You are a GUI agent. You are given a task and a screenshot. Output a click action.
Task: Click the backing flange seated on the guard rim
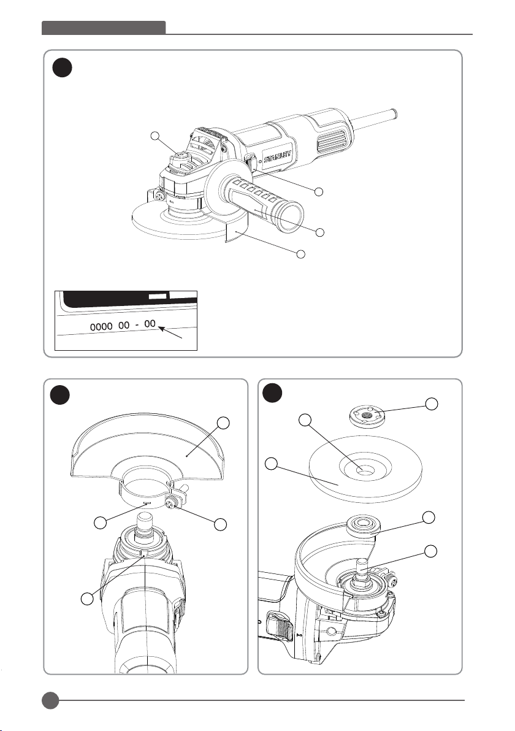[360, 525]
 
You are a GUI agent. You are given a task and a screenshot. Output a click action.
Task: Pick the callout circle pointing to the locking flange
[432, 404]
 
